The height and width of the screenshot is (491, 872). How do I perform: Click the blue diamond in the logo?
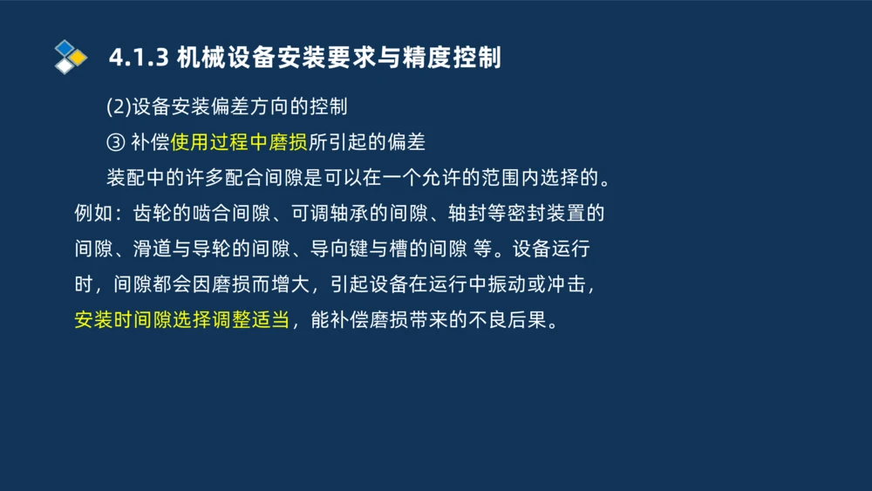[x=65, y=47]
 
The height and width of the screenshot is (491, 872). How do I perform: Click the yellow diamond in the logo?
[x=78, y=58]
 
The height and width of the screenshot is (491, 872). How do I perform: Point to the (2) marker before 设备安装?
[x=119, y=107]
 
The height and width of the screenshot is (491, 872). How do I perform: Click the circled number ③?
[x=115, y=143]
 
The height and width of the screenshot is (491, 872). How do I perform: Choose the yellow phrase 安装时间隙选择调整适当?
[x=181, y=320]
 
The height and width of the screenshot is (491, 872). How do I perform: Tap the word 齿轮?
[x=152, y=214]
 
